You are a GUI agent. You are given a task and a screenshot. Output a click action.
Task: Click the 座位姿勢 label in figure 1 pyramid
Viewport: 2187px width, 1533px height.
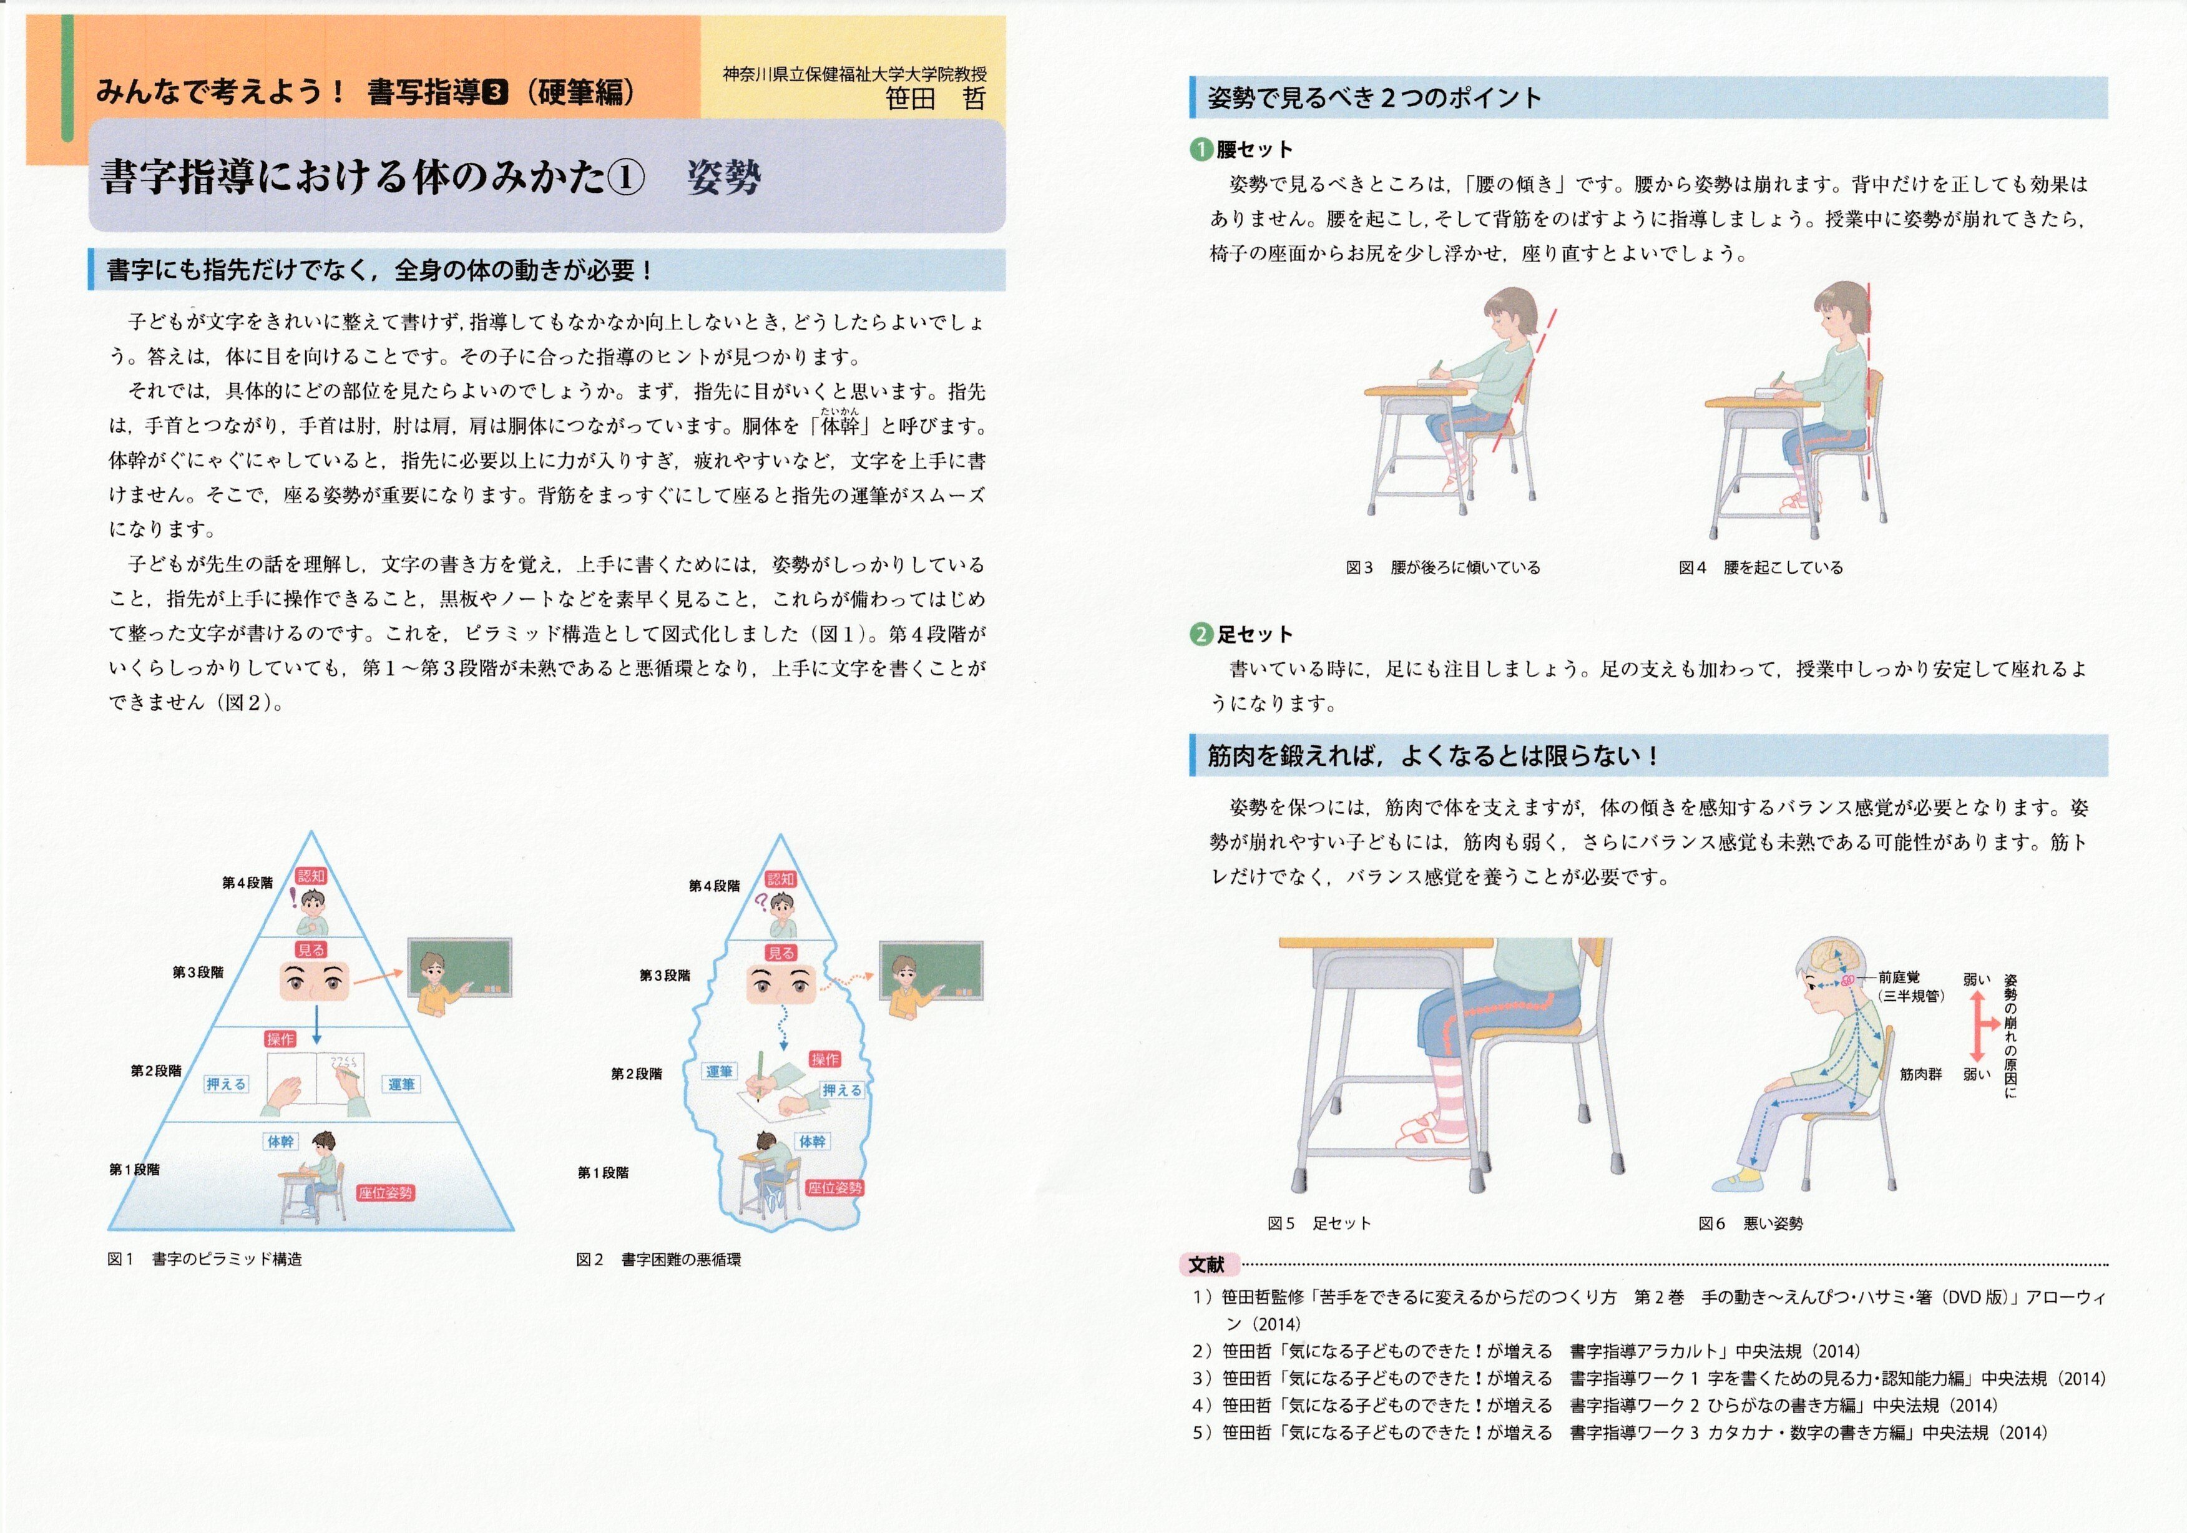(386, 1193)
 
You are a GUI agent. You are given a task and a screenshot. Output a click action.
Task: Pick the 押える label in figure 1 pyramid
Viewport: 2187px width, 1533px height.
(226, 1084)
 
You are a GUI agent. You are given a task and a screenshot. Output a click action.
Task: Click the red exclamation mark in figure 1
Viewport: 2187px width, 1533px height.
(293, 898)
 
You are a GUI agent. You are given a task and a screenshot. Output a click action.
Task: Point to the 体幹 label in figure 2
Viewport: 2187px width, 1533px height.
(813, 1140)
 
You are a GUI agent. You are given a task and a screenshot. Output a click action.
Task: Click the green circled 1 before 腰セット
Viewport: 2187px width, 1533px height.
(1201, 150)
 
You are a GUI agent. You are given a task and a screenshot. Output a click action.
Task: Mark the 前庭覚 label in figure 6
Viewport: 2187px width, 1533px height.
(1899, 977)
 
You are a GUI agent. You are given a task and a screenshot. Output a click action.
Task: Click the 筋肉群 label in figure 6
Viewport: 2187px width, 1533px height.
(1920, 1074)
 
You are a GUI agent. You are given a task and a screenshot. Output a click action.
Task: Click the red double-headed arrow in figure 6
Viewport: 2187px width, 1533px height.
(1979, 1026)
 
